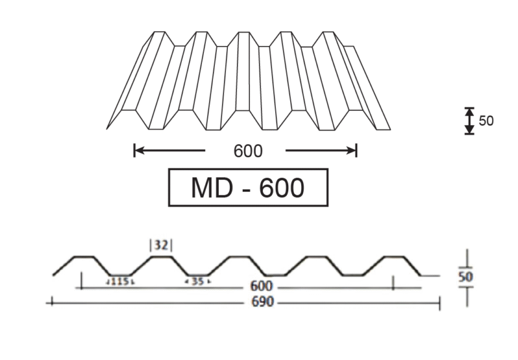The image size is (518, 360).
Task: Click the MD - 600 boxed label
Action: click(248, 187)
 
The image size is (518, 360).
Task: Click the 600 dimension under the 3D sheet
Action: click(248, 151)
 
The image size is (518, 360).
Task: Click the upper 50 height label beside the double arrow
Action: click(486, 121)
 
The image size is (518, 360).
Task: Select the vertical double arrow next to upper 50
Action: click(469, 121)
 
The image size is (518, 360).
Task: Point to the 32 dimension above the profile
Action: click(161, 245)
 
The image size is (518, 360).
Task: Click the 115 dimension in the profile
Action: click(120, 282)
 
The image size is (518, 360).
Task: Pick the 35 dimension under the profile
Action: click(197, 282)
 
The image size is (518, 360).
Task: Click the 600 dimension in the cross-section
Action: click(262, 286)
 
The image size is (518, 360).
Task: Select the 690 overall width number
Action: click(263, 302)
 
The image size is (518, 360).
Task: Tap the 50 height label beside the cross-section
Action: click(466, 276)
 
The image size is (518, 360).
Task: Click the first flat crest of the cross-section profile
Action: click(84, 256)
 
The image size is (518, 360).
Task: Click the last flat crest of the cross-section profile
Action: click(394, 256)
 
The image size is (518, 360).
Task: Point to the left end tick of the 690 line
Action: click(52, 302)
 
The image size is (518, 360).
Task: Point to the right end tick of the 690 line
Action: click(440, 303)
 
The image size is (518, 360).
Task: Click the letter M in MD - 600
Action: click(201, 188)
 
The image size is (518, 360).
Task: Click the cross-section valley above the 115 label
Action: click(120, 275)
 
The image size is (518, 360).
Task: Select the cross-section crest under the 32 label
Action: click(161, 256)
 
